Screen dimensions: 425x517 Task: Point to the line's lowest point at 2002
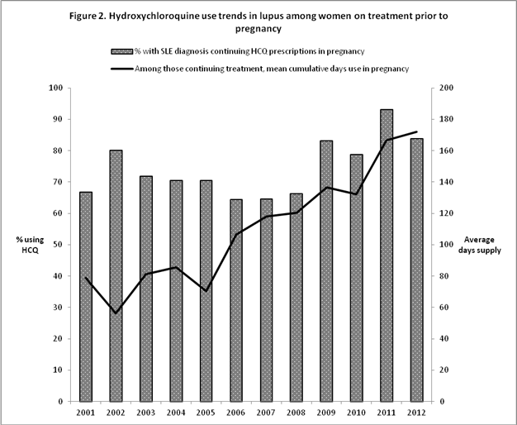coord(116,313)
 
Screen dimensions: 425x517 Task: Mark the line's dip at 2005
coord(206,291)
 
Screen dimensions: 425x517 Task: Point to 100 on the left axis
coord(55,88)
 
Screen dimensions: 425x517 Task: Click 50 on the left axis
coord(57,245)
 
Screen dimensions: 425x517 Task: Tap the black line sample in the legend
coord(116,69)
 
